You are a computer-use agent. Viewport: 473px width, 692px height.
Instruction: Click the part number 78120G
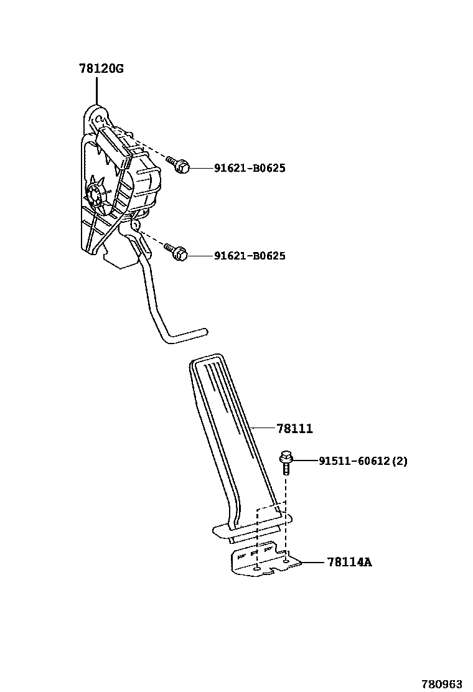[x=101, y=69]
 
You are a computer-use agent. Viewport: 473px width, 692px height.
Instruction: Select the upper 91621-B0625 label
[x=250, y=168]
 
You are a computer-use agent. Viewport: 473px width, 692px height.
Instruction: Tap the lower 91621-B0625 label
[x=250, y=256]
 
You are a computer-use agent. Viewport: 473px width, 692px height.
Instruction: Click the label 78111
[x=296, y=429]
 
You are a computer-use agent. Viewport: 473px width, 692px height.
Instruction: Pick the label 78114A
[x=349, y=563]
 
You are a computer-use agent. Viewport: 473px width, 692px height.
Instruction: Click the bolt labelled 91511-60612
[x=286, y=462]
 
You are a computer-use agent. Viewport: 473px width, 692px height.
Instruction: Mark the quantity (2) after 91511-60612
[x=400, y=461]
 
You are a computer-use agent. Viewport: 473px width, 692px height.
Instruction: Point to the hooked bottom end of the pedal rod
[x=187, y=336]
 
